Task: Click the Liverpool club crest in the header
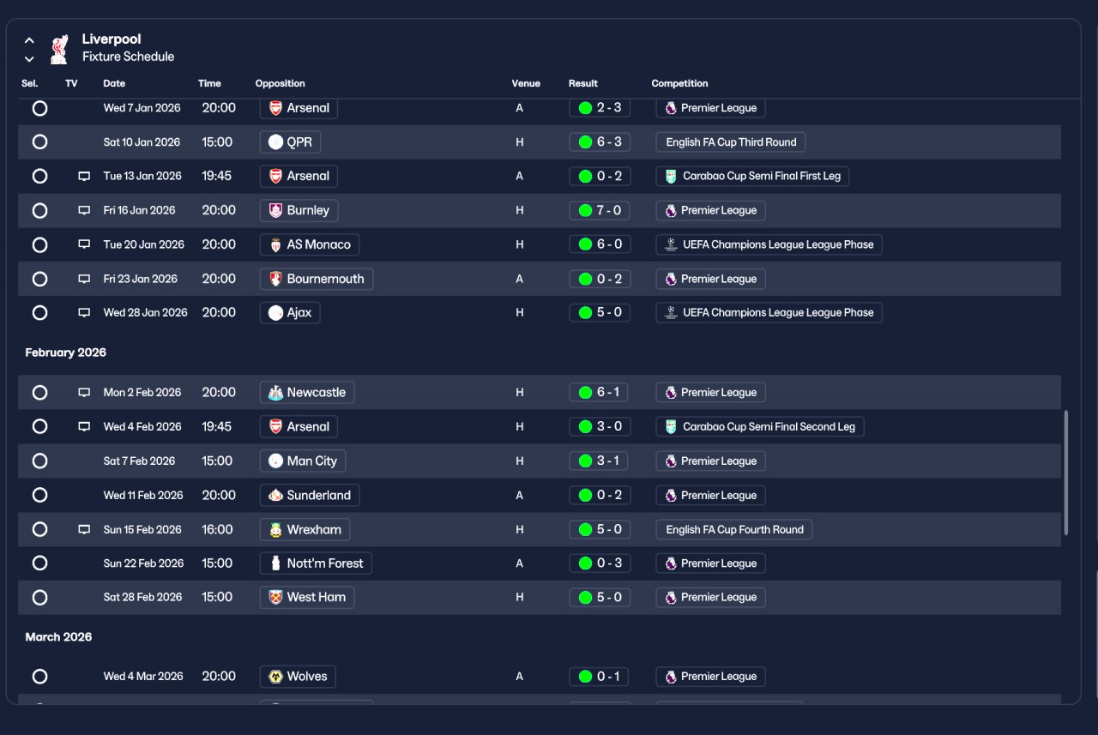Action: pos(59,49)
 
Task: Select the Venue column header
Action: pos(526,83)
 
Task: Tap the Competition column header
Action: pos(679,83)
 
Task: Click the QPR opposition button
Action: pos(290,142)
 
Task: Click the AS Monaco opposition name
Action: pos(318,244)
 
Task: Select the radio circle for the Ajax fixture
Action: pos(39,313)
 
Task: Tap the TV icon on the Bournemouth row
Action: pos(84,279)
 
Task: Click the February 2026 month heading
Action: pos(66,352)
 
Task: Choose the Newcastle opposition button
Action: pos(307,393)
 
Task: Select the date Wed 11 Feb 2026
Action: pos(143,496)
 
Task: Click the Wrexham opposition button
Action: pos(305,530)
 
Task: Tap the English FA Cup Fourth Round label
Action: pos(733,530)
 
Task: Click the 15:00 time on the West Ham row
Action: pos(217,597)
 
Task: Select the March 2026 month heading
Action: pos(58,637)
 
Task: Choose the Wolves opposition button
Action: pos(298,677)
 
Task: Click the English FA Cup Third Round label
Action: pos(730,142)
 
